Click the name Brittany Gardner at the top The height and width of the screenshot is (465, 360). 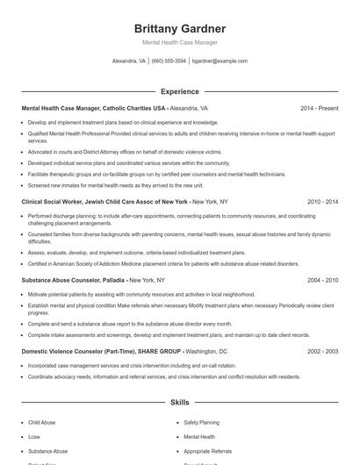point(180,28)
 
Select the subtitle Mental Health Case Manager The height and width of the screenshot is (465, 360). point(180,42)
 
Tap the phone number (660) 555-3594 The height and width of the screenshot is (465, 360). point(169,61)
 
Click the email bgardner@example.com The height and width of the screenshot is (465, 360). point(220,61)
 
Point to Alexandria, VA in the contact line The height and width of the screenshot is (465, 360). point(129,61)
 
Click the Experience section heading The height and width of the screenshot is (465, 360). point(180,90)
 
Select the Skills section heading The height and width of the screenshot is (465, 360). point(180,402)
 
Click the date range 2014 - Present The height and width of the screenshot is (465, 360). point(319,108)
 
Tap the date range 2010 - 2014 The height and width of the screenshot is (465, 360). point(320,201)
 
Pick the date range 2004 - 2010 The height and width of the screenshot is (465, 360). point(320,280)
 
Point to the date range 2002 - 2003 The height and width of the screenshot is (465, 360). point(320,350)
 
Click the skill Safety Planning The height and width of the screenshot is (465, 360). point(202,422)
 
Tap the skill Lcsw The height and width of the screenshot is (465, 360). point(35,436)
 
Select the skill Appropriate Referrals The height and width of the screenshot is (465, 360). point(209,450)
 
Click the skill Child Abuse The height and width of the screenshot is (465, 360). point(42,422)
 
